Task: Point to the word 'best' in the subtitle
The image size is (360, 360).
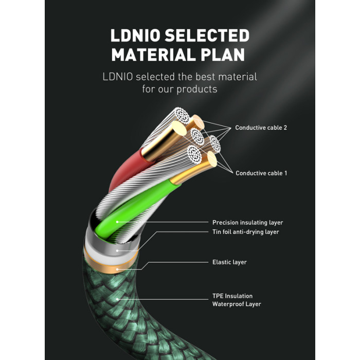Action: tap(195, 77)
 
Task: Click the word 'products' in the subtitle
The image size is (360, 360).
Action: tap(197, 89)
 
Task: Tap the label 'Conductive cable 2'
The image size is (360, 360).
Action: tap(261, 128)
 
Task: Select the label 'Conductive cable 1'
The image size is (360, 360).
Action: tap(261, 173)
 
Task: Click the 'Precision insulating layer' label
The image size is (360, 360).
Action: tap(247, 223)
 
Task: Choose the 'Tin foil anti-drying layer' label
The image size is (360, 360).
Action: tap(246, 232)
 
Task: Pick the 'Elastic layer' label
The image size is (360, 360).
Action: tap(229, 262)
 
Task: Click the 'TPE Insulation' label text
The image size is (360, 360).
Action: tap(232, 296)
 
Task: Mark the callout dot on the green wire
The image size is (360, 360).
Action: tap(117, 223)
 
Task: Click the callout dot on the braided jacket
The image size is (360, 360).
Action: tap(118, 299)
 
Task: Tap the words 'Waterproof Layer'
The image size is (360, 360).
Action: tap(237, 304)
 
